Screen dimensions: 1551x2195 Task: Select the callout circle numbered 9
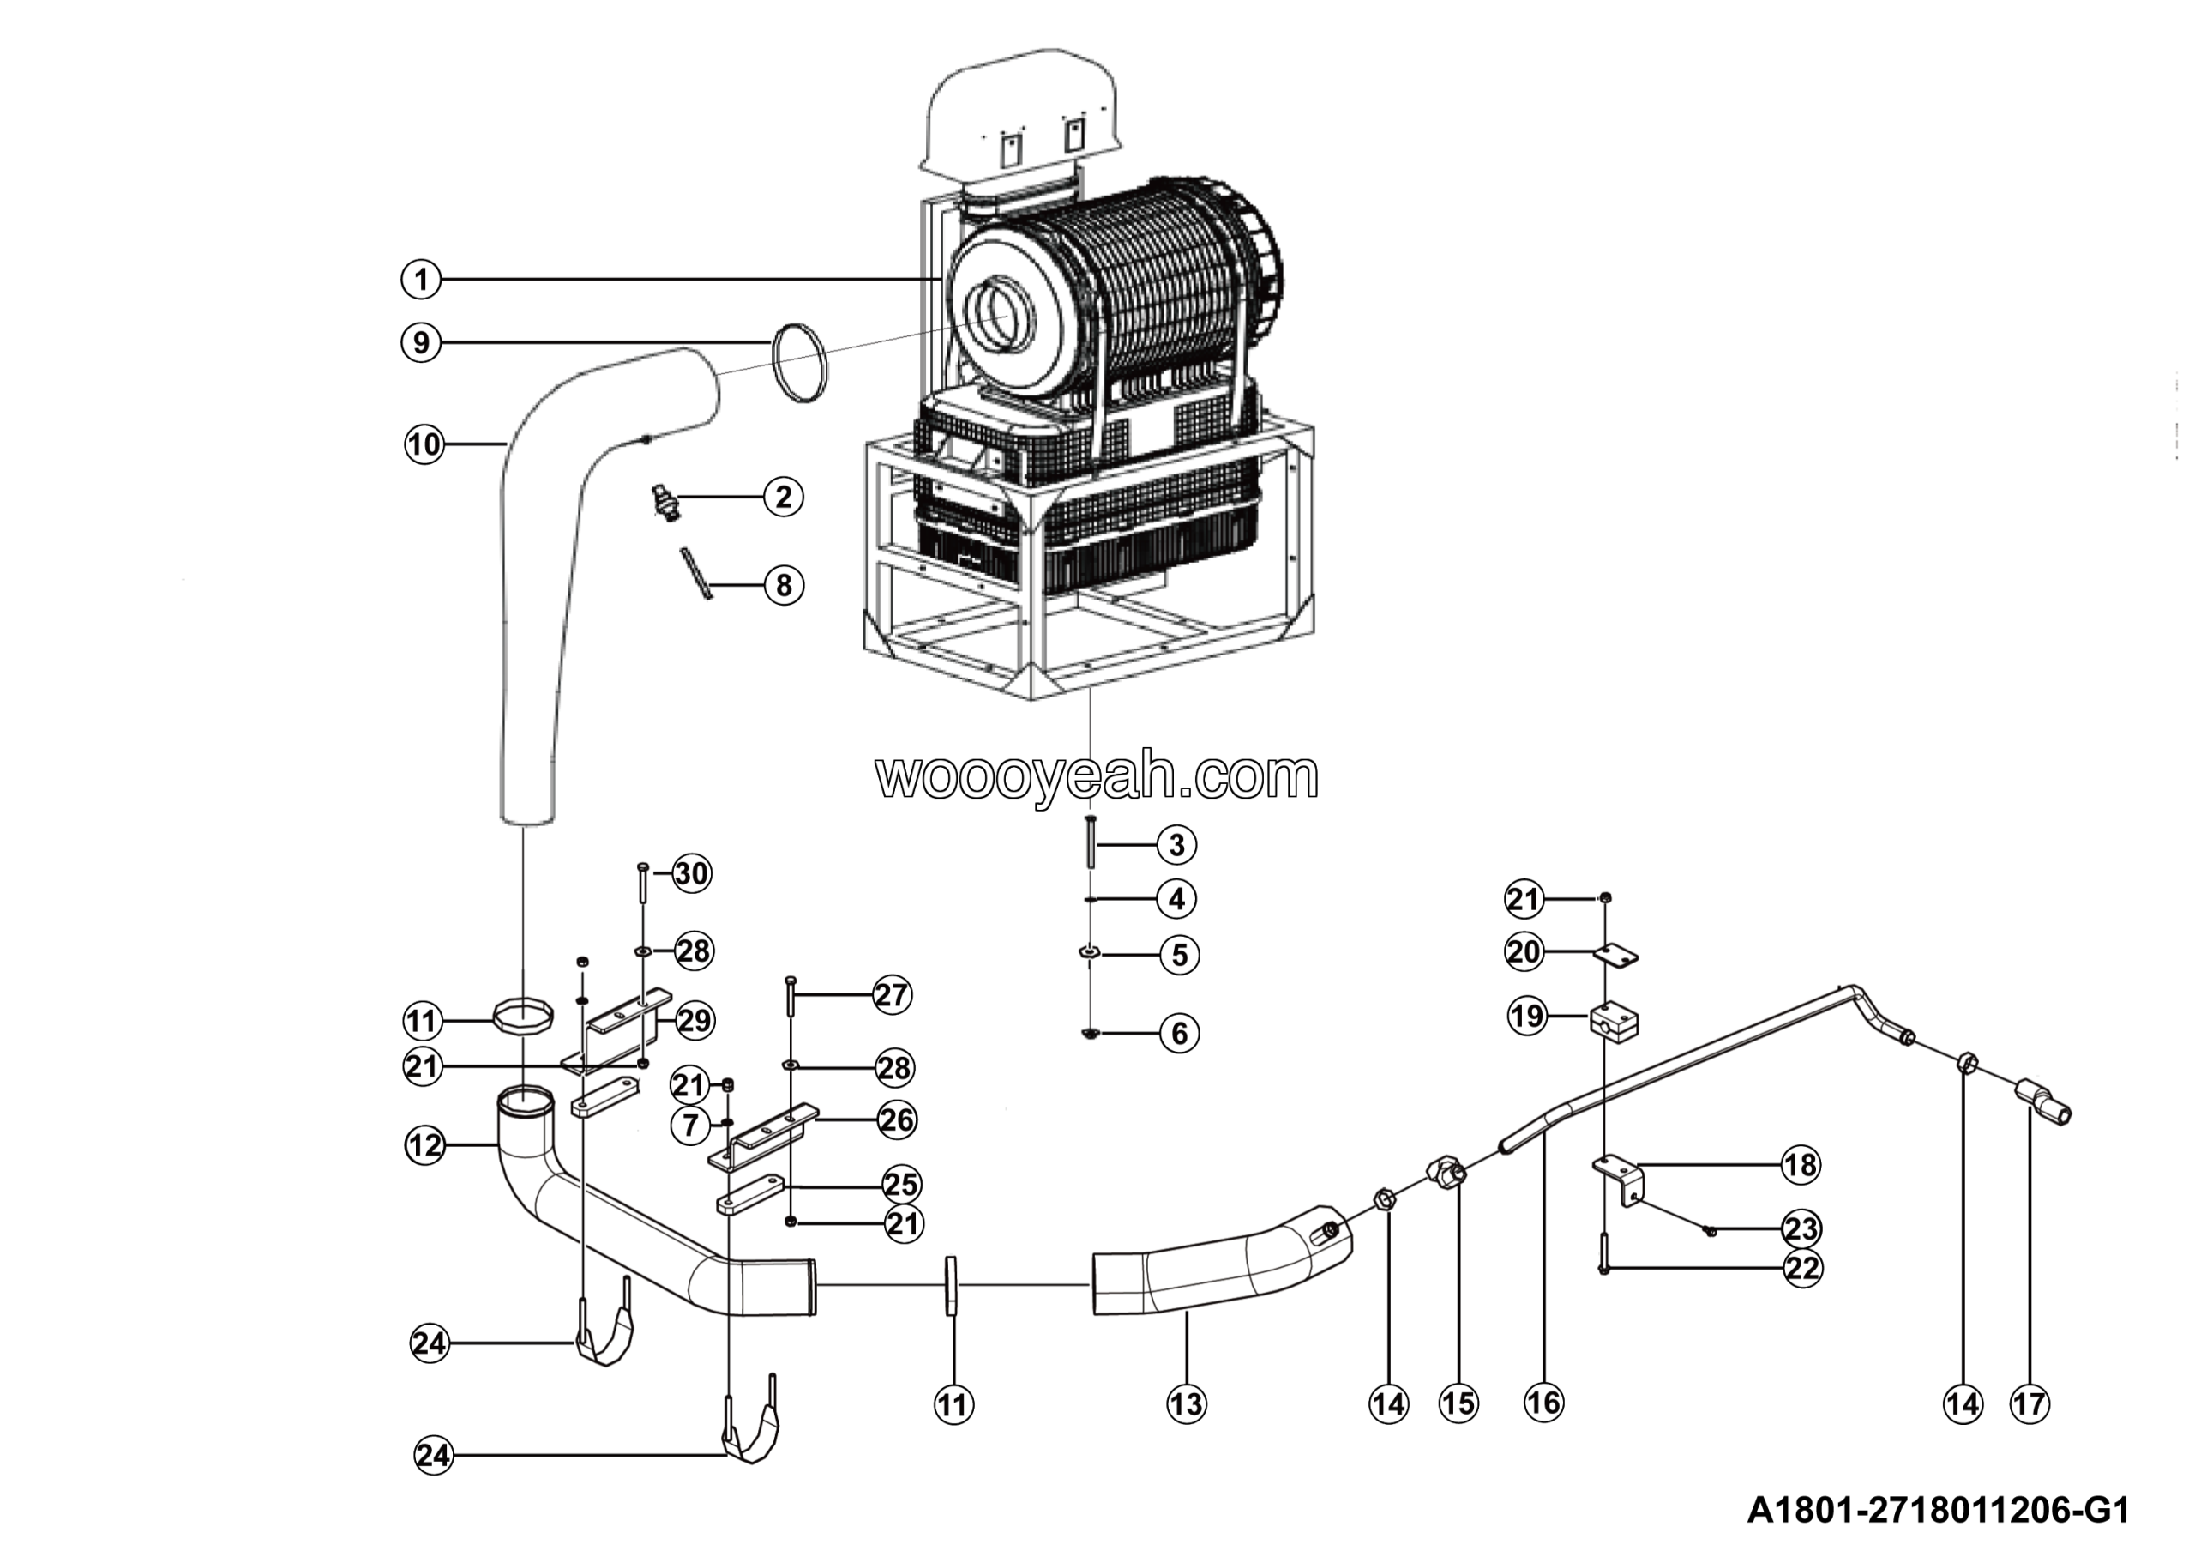tap(421, 342)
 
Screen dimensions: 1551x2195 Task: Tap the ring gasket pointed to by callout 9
tap(798, 365)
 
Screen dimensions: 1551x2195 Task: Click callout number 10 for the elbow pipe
tap(424, 444)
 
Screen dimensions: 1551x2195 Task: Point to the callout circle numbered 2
tap(783, 498)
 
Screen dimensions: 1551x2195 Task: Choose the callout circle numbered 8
tap(783, 585)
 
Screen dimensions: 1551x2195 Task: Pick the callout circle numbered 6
tap(1179, 1033)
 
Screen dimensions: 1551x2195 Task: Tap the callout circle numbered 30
tap(691, 873)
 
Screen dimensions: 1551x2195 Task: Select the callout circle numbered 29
tap(694, 1020)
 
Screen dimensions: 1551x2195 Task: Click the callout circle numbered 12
tap(424, 1144)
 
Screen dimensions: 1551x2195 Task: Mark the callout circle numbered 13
tap(1187, 1403)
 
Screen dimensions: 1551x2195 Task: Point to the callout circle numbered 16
tap(1543, 1403)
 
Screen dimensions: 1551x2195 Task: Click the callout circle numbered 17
tap(2030, 1403)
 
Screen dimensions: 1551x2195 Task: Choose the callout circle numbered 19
tap(1527, 1015)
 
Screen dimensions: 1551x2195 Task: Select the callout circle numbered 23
tap(1801, 1228)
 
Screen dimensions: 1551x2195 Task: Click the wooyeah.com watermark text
tap(1097, 776)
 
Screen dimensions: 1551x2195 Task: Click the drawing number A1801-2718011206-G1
tap(1939, 1511)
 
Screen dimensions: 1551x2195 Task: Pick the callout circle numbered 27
tap(891, 995)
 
